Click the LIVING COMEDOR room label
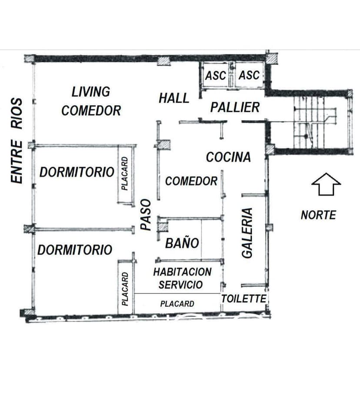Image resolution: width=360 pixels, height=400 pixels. point(91,101)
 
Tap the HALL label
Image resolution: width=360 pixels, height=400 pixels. point(174,98)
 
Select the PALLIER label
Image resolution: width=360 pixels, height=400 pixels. point(235,107)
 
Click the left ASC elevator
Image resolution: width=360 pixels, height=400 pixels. point(216,76)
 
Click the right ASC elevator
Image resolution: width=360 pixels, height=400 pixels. point(249,75)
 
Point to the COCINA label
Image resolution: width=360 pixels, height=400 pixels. point(228,157)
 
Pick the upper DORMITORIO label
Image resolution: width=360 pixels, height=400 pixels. point(77,172)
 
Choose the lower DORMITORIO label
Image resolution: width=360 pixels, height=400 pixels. point(75,250)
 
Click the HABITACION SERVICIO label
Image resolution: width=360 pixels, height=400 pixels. point(182,278)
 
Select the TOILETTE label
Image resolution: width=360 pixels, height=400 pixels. point(243,298)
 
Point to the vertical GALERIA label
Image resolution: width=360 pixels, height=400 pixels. point(247,233)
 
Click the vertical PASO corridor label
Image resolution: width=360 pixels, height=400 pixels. point(146,215)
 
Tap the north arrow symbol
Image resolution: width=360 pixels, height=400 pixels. point(326,184)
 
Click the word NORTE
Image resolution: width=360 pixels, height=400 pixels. point(318,215)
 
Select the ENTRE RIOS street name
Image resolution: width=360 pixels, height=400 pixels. point(17,140)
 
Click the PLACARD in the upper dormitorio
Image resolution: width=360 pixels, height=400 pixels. point(125,173)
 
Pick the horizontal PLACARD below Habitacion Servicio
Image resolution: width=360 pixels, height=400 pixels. point(177,303)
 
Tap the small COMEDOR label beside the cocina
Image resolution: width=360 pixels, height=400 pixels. point(191,181)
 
